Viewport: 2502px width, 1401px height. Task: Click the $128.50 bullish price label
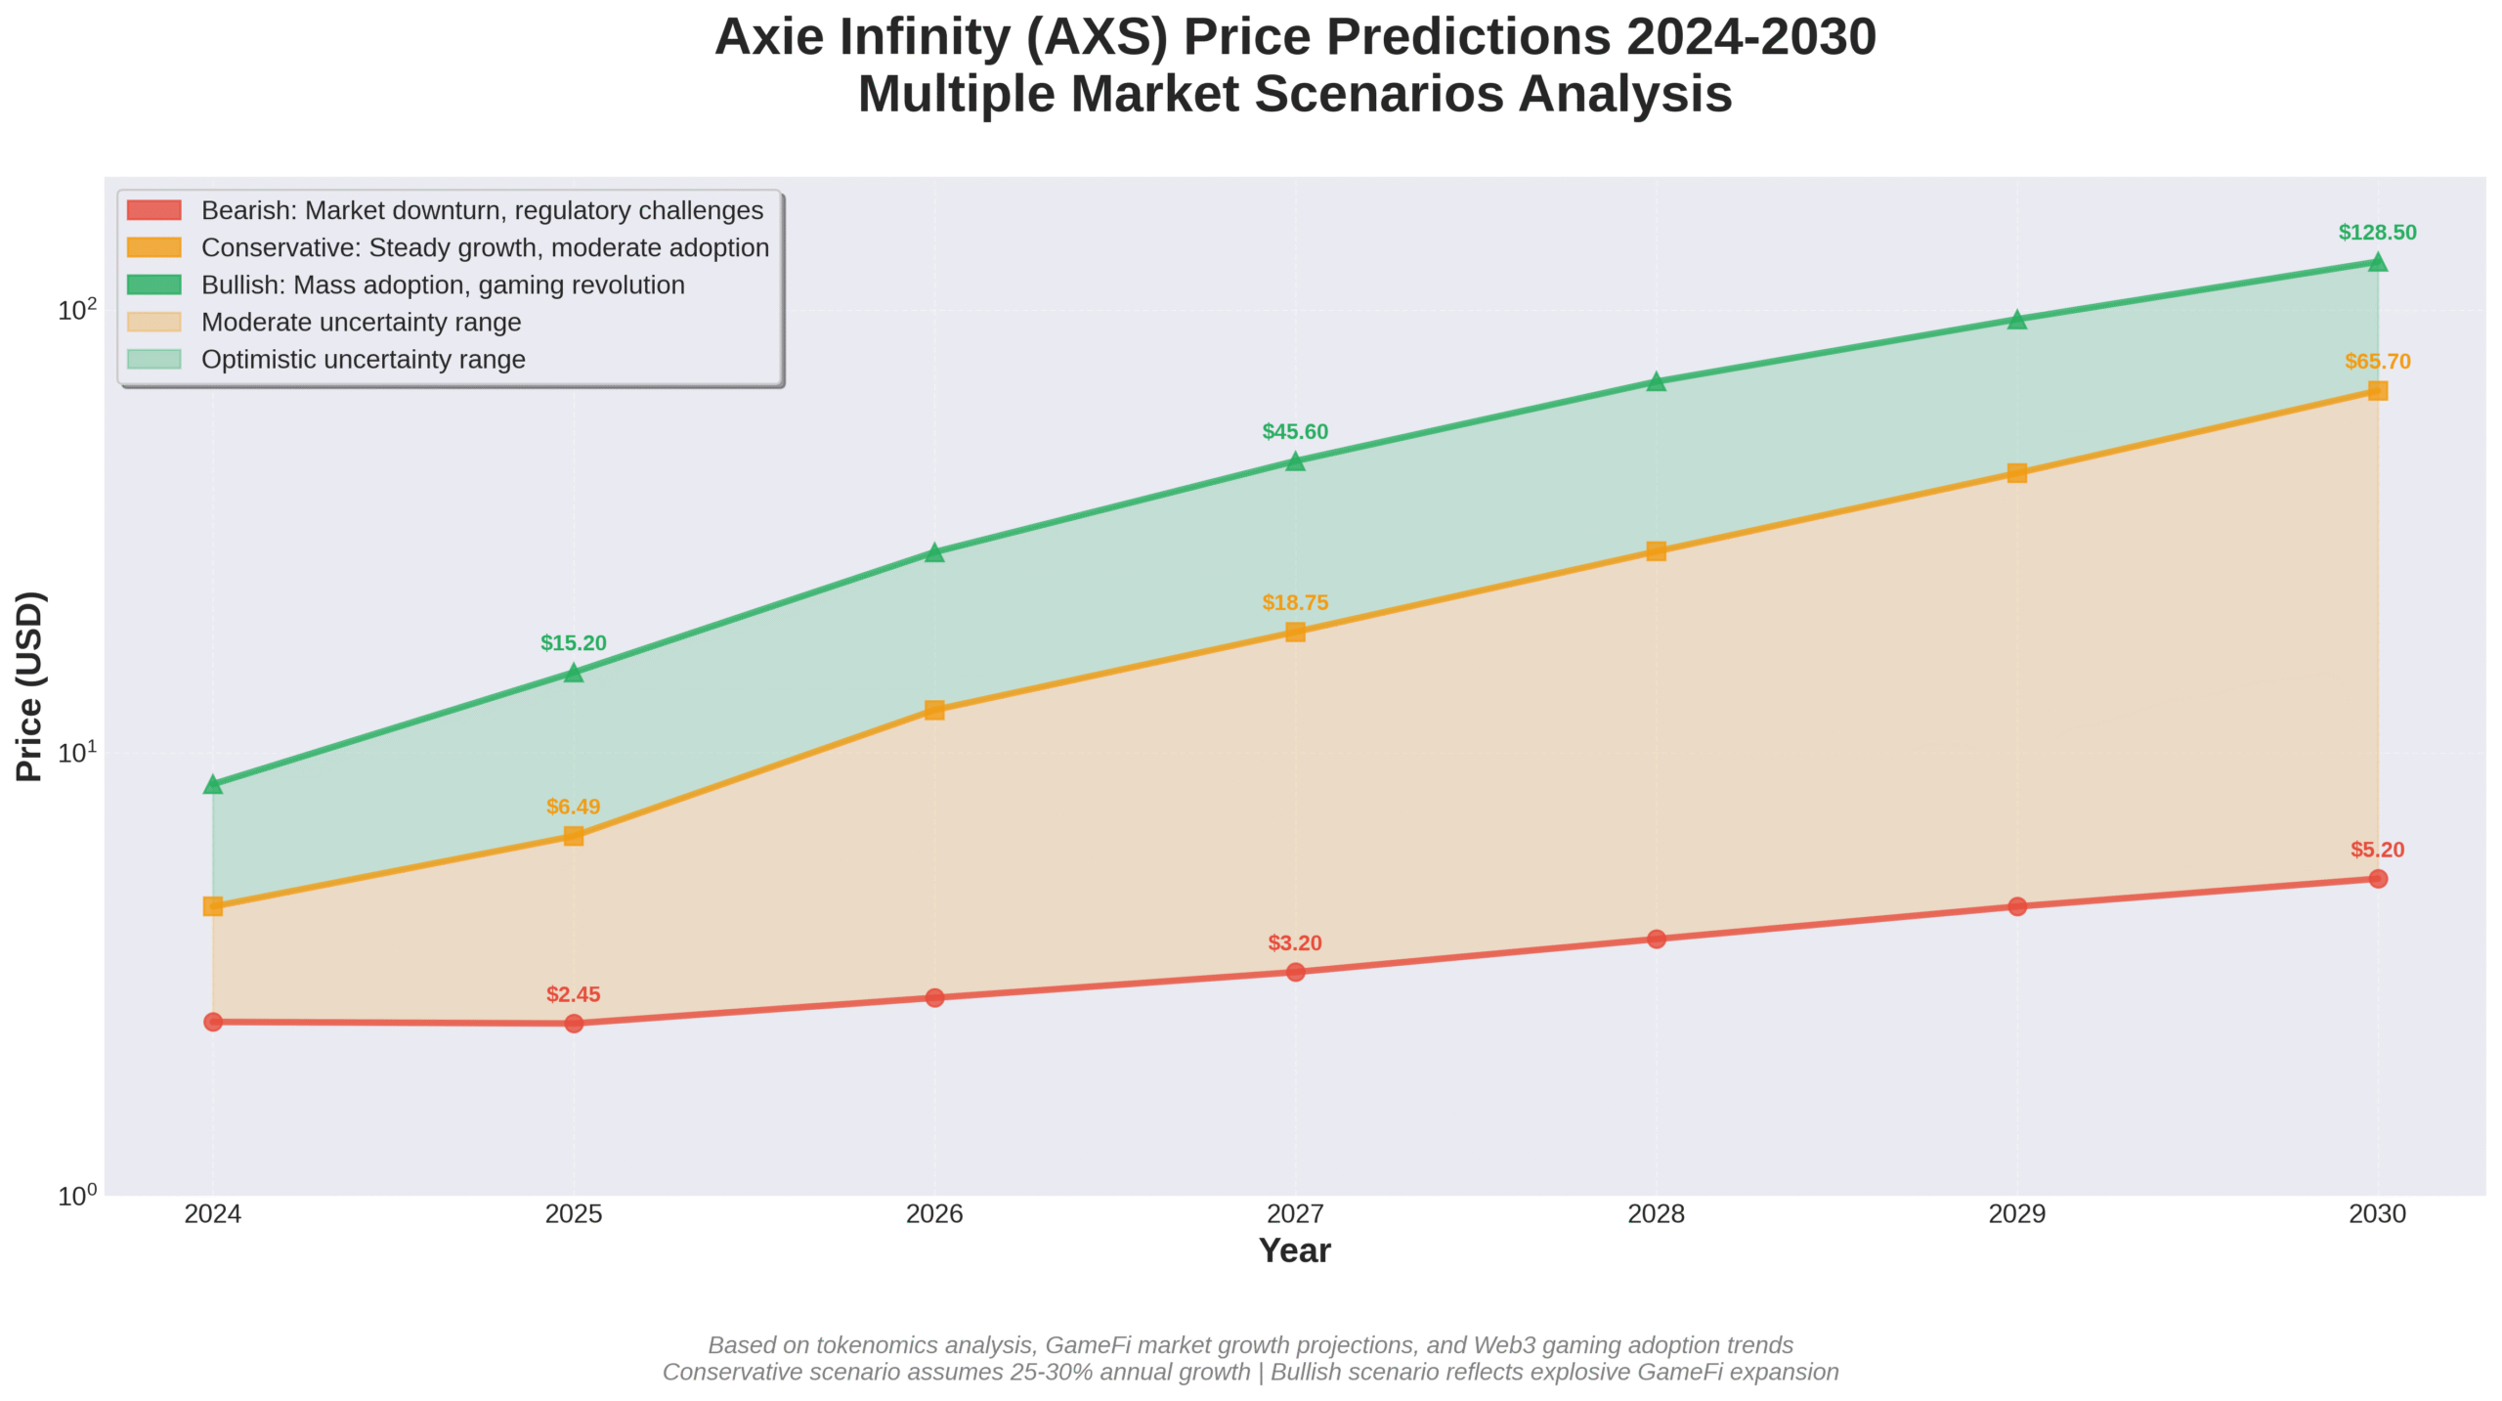2376,233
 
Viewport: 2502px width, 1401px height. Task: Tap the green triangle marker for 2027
1295,461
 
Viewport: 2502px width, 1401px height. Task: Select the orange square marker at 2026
934,710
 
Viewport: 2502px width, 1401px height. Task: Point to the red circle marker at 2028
1656,939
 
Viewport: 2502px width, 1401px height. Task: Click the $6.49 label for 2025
573,807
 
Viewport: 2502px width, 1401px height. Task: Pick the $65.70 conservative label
2377,362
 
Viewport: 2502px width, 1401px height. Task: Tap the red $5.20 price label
2377,850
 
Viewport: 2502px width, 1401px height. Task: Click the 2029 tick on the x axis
2016,1213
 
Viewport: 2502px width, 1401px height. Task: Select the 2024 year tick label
212,1213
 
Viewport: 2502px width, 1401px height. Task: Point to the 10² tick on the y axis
77,311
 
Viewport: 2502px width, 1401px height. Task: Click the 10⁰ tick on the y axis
77,1196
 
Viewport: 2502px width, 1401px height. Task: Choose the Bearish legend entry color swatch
154,210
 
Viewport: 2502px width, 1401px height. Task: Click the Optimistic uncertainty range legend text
363,360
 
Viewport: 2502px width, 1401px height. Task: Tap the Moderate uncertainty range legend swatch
154,323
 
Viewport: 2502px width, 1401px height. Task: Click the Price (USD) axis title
29,685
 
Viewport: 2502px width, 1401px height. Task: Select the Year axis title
1294,1250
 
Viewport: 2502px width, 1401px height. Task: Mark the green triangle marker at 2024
213,784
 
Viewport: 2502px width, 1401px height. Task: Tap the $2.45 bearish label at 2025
573,994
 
